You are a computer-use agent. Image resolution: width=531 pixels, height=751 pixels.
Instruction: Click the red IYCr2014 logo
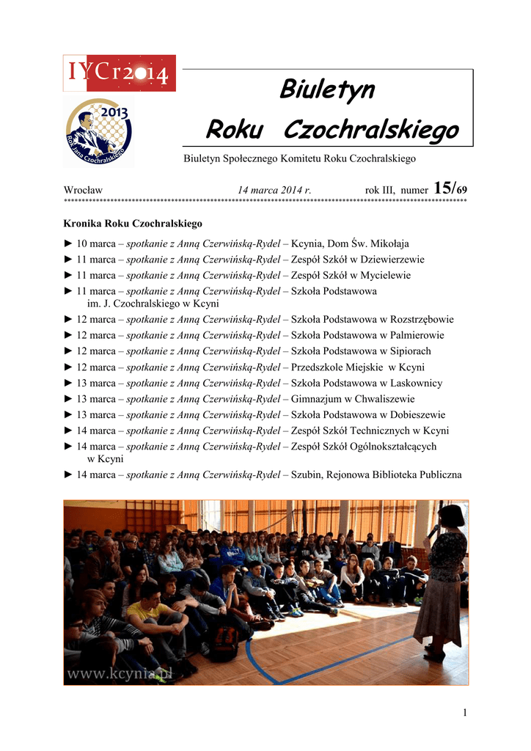coord(119,73)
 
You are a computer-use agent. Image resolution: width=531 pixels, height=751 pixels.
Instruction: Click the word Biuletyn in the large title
coord(327,91)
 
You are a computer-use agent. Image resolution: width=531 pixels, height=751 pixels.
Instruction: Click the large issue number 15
coord(444,188)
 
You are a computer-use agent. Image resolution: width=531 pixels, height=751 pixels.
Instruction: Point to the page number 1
coord(465,713)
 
